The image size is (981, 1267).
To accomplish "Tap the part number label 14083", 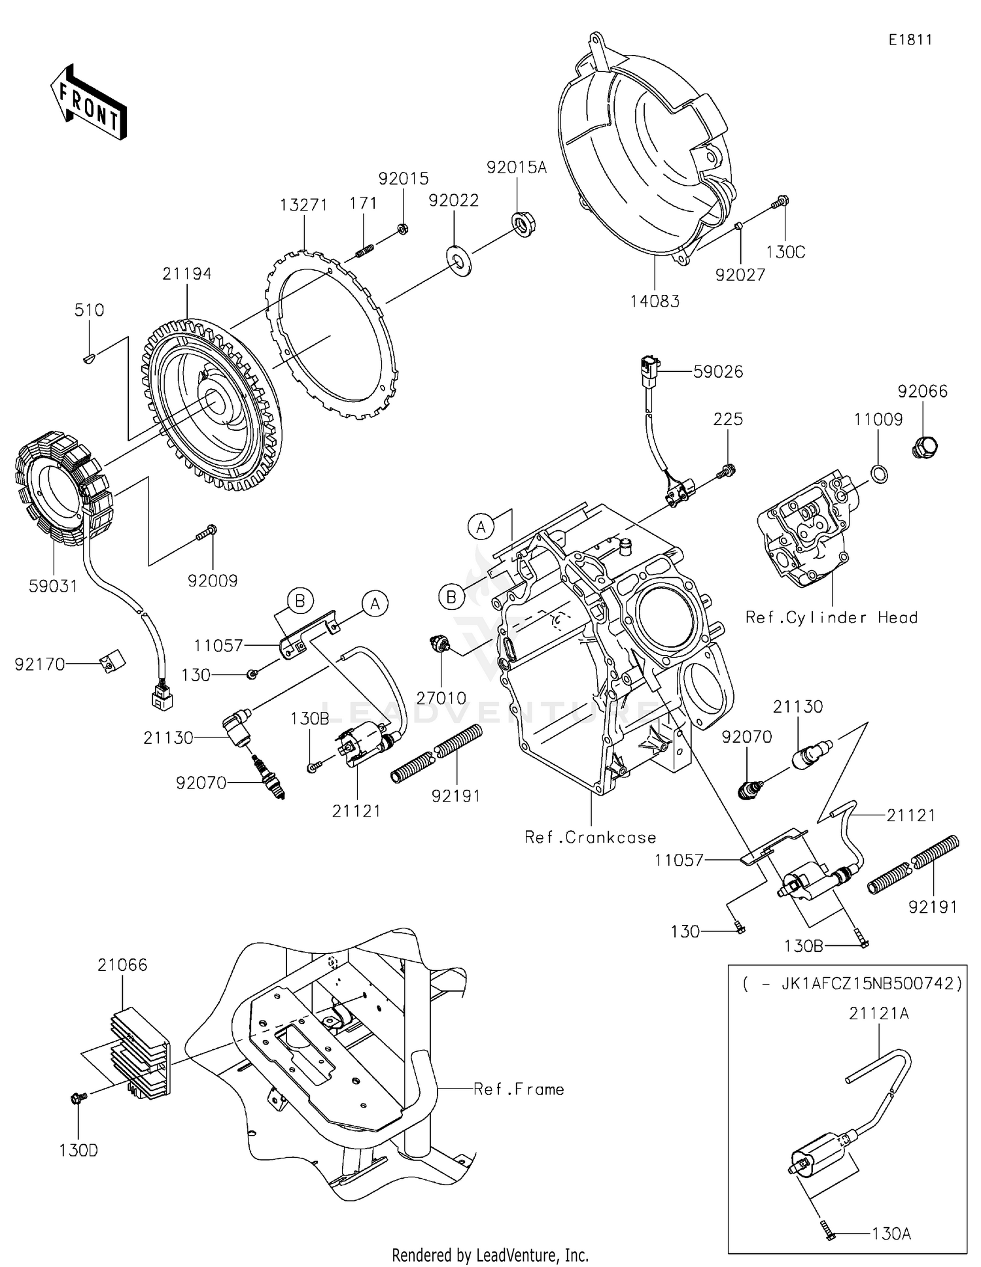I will [x=655, y=301].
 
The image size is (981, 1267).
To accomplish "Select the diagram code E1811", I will [x=910, y=40].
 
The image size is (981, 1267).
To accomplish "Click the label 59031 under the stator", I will [x=53, y=586].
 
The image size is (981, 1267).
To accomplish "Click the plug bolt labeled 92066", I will [x=924, y=448].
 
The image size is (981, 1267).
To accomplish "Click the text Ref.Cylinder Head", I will [x=831, y=618].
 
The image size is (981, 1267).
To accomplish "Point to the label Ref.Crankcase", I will [x=590, y=837].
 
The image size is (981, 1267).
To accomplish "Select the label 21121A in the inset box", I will [x=878, y=1013].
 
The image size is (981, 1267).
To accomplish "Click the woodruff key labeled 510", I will [x=91, y=357].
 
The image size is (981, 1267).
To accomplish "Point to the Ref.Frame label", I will [x=519, y=1089].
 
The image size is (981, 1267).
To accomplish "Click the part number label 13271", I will [x=303, y=205].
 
